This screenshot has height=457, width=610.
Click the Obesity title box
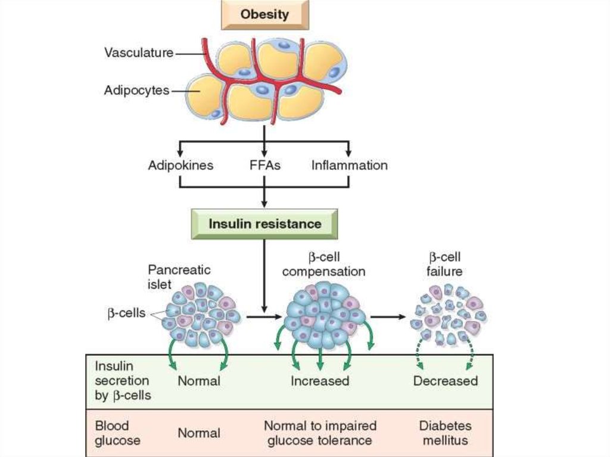point(264,15)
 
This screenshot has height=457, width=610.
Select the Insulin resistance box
point(264,224)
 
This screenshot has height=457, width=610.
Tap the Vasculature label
point(139,52)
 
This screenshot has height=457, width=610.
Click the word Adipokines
point(180,165)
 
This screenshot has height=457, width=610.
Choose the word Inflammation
point(349,165)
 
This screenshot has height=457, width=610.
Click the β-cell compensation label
point(323,265)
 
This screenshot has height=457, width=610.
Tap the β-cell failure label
point(446,265)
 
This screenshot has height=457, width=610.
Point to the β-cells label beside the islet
point(126,312)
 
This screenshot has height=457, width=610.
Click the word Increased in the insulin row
point(320,380)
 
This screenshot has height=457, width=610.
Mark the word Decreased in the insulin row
point(446,380)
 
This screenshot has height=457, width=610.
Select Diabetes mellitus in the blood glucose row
point(445,433)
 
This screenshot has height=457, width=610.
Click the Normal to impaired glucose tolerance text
point(320,433)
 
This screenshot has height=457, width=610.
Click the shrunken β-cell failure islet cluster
point(447,316)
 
